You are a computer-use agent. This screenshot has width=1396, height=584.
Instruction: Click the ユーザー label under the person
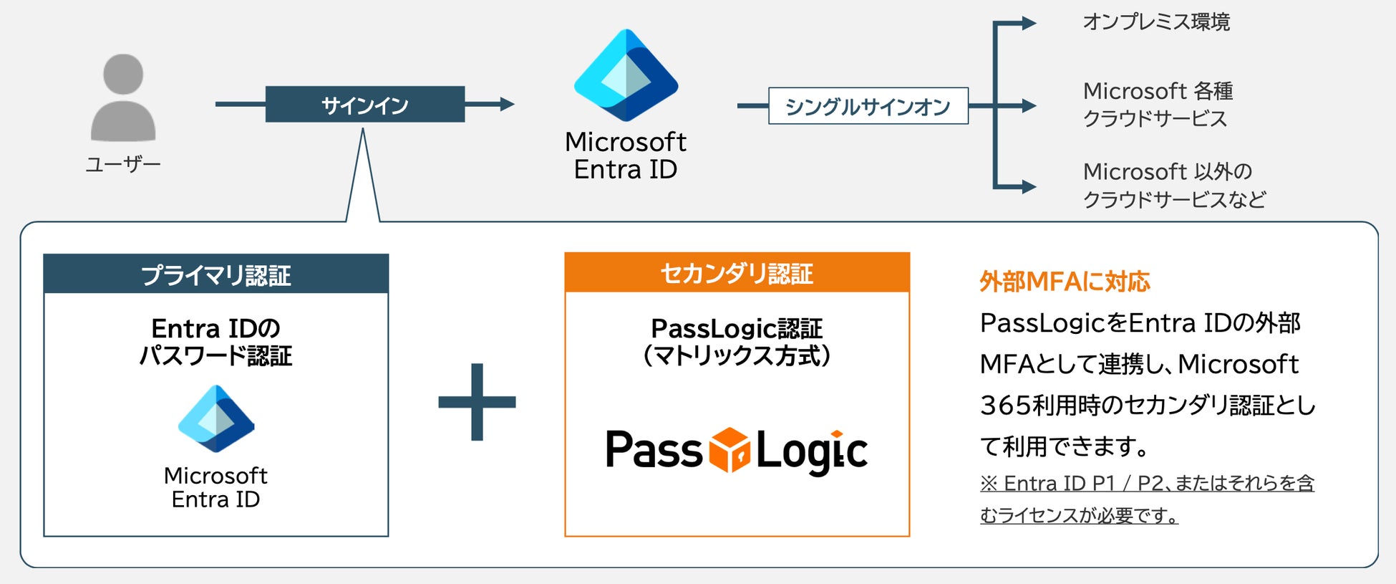123,165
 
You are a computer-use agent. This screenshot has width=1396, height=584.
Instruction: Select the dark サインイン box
364,105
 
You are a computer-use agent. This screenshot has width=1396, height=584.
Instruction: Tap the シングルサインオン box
868,106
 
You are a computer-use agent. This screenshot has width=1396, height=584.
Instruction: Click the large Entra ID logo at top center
626,75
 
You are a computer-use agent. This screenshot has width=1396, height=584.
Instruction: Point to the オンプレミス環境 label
1156,22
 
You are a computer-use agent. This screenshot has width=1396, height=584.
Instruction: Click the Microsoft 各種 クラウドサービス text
1158,105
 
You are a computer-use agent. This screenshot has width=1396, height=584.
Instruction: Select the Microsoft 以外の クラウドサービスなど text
1174,185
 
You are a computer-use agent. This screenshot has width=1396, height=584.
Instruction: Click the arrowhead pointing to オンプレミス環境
1029,24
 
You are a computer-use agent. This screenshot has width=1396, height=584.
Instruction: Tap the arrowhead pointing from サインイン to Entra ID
507,105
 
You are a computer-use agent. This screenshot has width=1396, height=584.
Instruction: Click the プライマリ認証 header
215,274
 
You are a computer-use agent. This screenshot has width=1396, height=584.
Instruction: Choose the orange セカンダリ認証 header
737,273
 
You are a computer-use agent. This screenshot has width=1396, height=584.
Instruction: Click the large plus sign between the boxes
477,402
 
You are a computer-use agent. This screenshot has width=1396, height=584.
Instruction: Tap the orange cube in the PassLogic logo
729,450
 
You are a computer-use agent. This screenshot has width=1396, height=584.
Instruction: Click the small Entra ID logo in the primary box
216,418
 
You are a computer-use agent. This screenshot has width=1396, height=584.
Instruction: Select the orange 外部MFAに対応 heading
1065,282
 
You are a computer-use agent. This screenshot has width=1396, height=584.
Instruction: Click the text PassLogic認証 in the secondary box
737,329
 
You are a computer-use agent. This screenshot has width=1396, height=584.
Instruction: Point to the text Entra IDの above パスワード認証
215,329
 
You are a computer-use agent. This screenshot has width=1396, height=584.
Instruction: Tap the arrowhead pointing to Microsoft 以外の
1029,187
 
